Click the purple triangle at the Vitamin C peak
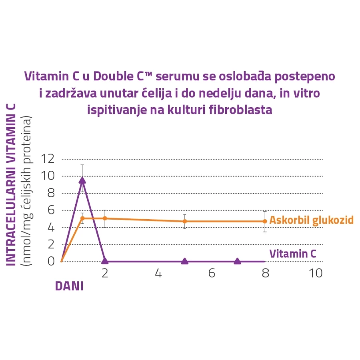[x=82, y=180]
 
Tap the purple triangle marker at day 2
[x=105, y=261]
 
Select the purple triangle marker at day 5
[x=184, y=261]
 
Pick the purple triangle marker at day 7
[x=237, y=261]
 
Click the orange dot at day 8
[x=265, y=221]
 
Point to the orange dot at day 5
[x=184, y=221]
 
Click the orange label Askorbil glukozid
[x=311, y=220]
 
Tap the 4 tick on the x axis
[x=158, y=274]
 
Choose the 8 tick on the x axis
[x=265, y=274]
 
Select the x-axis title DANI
[x=69, y=286]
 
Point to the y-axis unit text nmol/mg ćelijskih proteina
[x=27, y=192]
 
